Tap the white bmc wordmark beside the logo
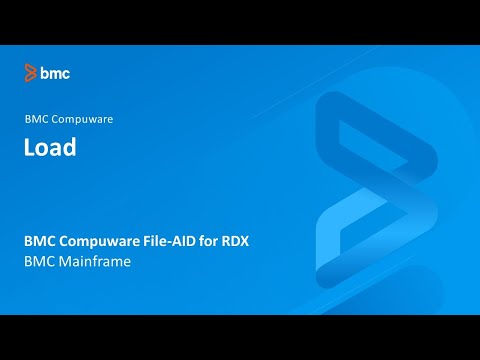[55, 72]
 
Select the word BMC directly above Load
[36, 119]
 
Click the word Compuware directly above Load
[82, 119]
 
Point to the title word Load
[51, 148]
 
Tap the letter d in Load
[70, 148]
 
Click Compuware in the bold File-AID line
[105, 241]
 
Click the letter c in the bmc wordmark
[65, 73]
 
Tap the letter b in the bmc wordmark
[45, 72]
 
